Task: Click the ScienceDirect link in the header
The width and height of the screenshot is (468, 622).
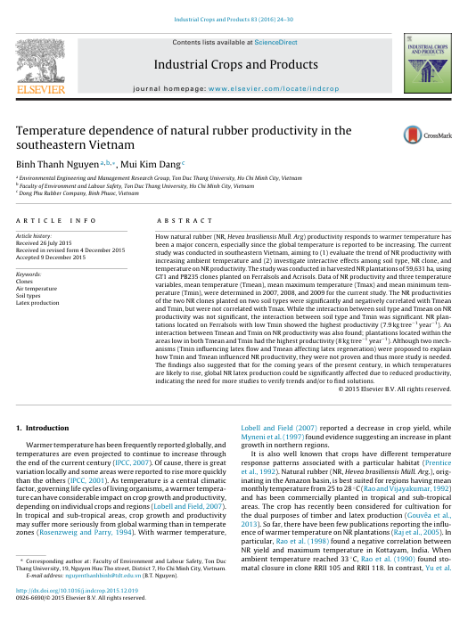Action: (x=277, y=43)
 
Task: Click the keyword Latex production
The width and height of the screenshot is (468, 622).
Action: (x=38, y=302)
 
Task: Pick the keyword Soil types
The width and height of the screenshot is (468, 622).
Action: (x=31, y=295)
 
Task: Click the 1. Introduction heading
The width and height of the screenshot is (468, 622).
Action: (x=43, y=429)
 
